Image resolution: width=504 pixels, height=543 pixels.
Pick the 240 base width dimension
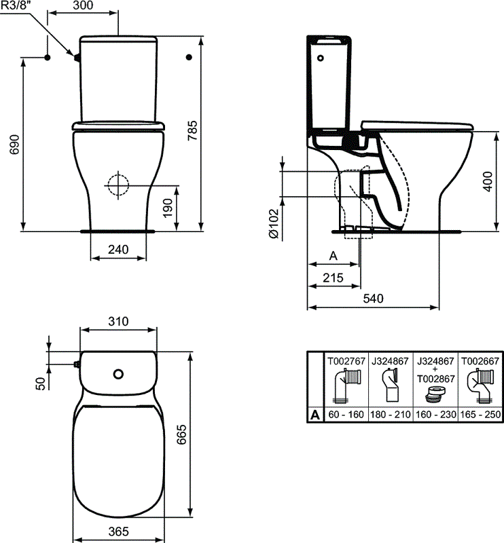tap(118, 250)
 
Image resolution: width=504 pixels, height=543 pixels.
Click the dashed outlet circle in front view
tap(118, 183)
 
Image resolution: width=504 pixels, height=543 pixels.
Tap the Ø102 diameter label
tap(272, 223)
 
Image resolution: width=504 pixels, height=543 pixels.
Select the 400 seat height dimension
tap(486, 181)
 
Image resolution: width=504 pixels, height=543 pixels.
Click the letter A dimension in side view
tap(333, 255)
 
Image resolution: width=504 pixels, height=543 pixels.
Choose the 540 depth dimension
tap(373, 299)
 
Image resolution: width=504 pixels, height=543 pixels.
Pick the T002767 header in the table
tap(346, 361)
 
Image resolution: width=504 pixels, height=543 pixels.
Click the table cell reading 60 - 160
tap(346, 414)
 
